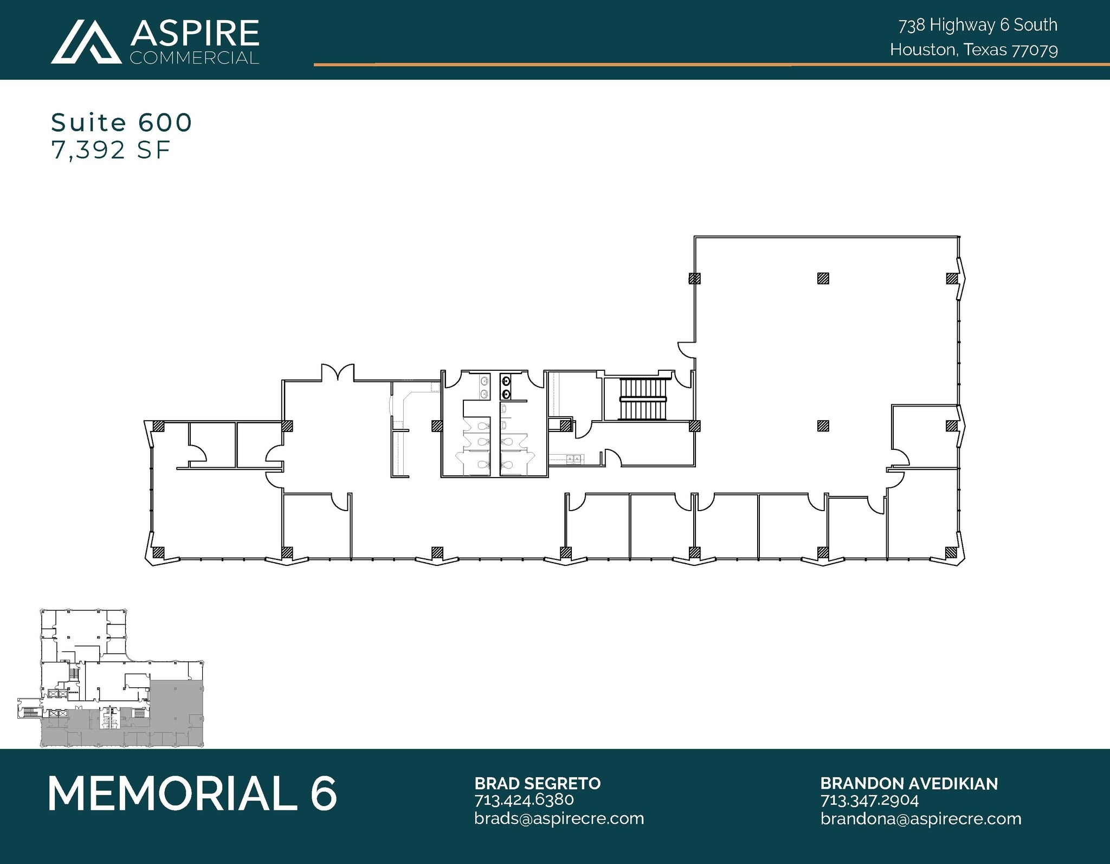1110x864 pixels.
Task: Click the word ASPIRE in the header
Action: (195, 34)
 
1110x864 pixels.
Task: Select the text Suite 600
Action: (121, 123)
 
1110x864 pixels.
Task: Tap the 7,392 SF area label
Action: (111, 150)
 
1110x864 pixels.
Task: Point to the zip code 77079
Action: (1035, 50)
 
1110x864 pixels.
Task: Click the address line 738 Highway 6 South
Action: (978, 25)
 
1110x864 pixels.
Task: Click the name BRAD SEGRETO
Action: (537, 783)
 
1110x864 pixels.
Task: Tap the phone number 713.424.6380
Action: (524, 799)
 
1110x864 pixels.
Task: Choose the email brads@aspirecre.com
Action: (559, 818)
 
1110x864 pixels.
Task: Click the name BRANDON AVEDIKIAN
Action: (908, 783)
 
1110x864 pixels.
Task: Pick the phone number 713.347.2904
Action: (869, 799)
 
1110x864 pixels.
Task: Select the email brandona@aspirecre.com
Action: (920, 818)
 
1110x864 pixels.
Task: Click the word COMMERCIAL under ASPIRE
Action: (194, 58)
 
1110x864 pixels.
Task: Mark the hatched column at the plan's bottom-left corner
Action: (158, 553)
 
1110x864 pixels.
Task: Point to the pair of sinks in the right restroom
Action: (505, 387)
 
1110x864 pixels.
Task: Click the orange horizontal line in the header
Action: (705, 65)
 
